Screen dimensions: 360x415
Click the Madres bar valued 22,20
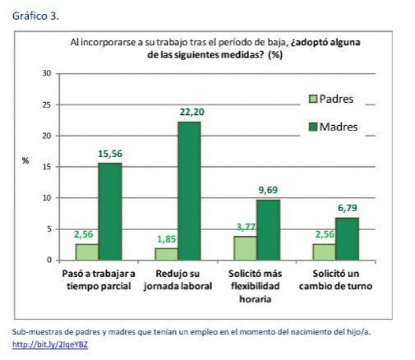coord(189,190)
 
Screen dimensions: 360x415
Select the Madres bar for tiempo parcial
coord(110,211)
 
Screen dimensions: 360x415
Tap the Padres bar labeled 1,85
coord(166,254)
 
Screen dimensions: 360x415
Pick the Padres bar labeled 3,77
coord(246,248)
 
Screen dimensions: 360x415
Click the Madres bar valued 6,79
coord(347,238)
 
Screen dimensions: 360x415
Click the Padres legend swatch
coord(313,99)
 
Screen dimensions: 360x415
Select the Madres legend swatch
coord(313,127)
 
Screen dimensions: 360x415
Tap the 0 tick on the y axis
coord(50,260)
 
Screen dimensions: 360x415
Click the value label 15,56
coord(110,154)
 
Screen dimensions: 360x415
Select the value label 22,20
coord(190,112)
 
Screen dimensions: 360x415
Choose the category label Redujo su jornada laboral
coord(178,279)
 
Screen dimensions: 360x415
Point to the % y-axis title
coord(25,161)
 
